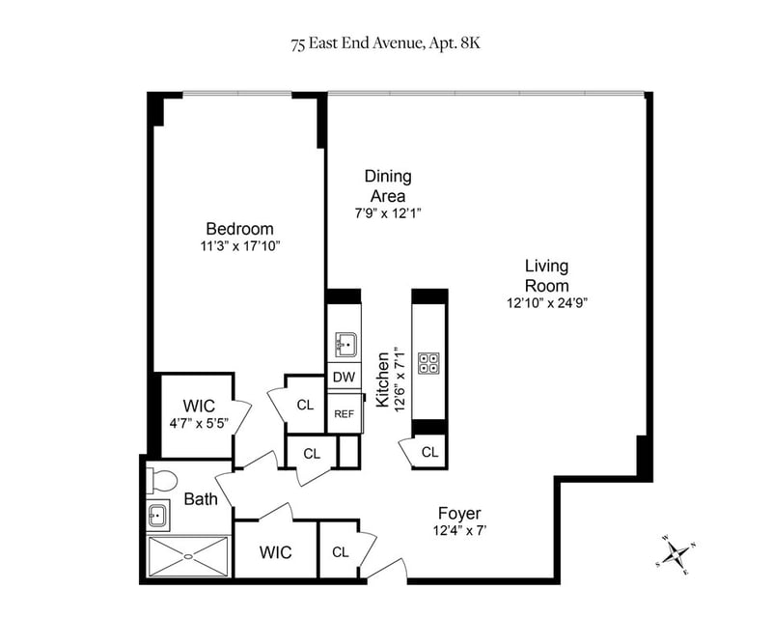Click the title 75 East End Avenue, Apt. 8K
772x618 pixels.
point(385,43)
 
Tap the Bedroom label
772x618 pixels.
point(239,229)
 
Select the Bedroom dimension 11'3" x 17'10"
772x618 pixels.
point(240,246)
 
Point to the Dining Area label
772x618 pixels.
point(388,185)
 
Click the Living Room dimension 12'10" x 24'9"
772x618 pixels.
point(547,302)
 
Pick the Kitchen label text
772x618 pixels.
point(382,379)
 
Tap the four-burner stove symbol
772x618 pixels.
point(428,363)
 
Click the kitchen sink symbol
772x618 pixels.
point(346,345)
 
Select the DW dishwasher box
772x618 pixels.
point(345,377)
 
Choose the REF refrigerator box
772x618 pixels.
point(345,413)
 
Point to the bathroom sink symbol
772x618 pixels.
point(158,517)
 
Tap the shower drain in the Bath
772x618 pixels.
point(188,556)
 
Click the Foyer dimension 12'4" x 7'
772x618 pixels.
point(460,531)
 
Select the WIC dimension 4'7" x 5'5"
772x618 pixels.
point(199,423)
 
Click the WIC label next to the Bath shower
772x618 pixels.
point(276,552)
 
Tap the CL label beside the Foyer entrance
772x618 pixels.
point(341,552)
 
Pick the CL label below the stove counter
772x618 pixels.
point(429,452)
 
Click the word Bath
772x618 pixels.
point(201,499)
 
